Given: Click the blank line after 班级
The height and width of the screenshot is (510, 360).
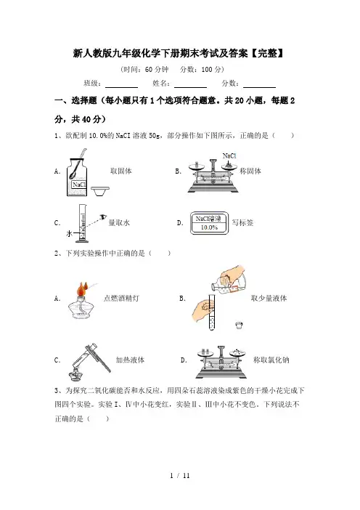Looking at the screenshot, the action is (x=121, y=87).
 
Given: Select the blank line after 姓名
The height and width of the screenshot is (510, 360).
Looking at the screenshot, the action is (x=190, y=87).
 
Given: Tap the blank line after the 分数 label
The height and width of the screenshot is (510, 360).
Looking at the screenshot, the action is (x=259, y=87).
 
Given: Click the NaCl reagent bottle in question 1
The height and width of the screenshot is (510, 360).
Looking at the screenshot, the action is (x=77, y=177).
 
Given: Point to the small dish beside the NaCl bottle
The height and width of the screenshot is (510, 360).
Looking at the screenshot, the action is (x=99, y=192).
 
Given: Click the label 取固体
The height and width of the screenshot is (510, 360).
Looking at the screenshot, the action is (x=121, y=171).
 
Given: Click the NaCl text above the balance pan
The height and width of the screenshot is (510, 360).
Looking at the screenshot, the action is (x=229, y=155).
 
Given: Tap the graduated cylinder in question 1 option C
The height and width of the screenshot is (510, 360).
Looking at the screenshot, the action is (x=82, y=224).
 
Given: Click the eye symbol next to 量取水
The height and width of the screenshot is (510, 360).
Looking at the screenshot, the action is (x=103, y=216).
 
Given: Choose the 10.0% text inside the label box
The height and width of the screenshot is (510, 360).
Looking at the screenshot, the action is (x=209, y=227).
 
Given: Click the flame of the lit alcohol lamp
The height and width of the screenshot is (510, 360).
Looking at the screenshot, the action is (x=81, y=289).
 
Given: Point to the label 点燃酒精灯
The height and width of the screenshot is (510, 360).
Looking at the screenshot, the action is (x=121, y=299).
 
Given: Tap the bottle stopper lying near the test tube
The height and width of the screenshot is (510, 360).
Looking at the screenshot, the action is (x=239, y=325).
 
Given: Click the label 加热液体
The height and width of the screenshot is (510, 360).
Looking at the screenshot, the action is (x=130, y=360).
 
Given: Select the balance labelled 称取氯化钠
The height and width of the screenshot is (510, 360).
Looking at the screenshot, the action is (x=221, y=362).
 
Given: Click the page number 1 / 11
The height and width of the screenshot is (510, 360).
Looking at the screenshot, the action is (x=180, y=476).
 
